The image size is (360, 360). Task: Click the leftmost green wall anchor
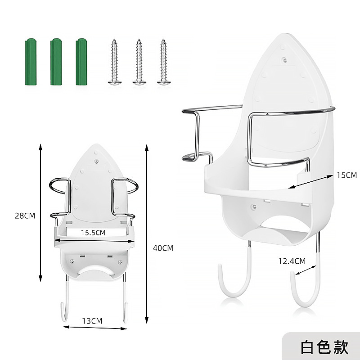31,62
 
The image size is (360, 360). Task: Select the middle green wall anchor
56,62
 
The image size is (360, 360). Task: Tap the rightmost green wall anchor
81,62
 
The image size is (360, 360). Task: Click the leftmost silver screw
115,62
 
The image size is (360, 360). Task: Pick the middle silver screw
139,62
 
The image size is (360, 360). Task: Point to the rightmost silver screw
164,62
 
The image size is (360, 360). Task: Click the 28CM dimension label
25,216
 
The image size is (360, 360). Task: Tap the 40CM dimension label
163,248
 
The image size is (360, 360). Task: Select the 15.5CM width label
93,233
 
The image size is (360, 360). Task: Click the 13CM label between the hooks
92,321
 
